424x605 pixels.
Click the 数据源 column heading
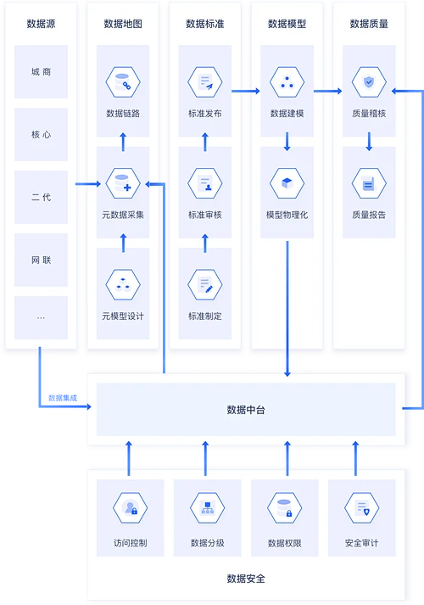[x=41, y=24]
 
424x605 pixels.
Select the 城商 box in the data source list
[x=41, y=72]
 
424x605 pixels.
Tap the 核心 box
[x=41, y=134]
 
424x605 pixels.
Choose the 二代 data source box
[x=41, y=197]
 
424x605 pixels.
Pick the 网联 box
[x=41, y=259]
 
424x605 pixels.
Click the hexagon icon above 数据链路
[x=122, y=83]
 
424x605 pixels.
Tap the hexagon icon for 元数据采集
[x=122, y=183]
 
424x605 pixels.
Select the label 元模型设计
[x=122, y=317]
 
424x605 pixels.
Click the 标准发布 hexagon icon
[x=204, y=83]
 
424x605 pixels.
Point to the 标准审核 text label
[x=204, y=215]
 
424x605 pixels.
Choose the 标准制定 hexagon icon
[x=204, y=284]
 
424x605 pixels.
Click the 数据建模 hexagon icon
[x=287, y=83]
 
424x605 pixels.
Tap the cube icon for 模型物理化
[x=287, y=183]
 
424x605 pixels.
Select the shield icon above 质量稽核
[x=369, y=83]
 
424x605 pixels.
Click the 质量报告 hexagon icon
[x=369, y=183]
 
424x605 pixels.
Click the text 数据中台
[x=246, y=410]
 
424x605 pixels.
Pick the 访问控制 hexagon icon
[x=131, y=509]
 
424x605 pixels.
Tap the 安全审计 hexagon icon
[x=361, y=509]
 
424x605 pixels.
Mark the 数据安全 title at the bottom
[x=246, y=579]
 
